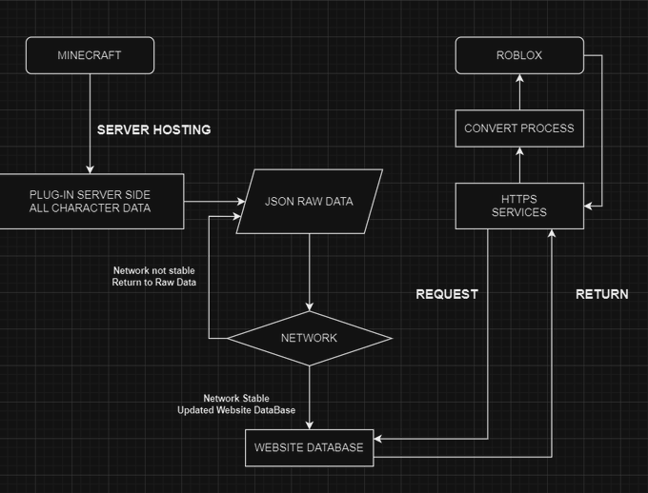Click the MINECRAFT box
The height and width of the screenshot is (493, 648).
90,55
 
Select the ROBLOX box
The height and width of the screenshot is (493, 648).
519,55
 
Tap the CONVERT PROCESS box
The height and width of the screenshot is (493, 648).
519,128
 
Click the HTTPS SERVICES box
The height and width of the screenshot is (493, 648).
519,206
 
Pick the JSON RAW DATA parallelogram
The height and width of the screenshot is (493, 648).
309,202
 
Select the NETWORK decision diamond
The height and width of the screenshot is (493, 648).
309,338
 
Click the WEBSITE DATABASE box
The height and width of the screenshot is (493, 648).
309,447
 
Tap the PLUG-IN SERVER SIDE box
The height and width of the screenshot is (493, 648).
90,201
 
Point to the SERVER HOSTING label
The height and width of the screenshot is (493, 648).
153,129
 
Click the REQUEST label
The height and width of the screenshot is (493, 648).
447,294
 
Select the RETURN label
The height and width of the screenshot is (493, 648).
601,294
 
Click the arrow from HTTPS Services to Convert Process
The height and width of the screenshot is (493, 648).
519,165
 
